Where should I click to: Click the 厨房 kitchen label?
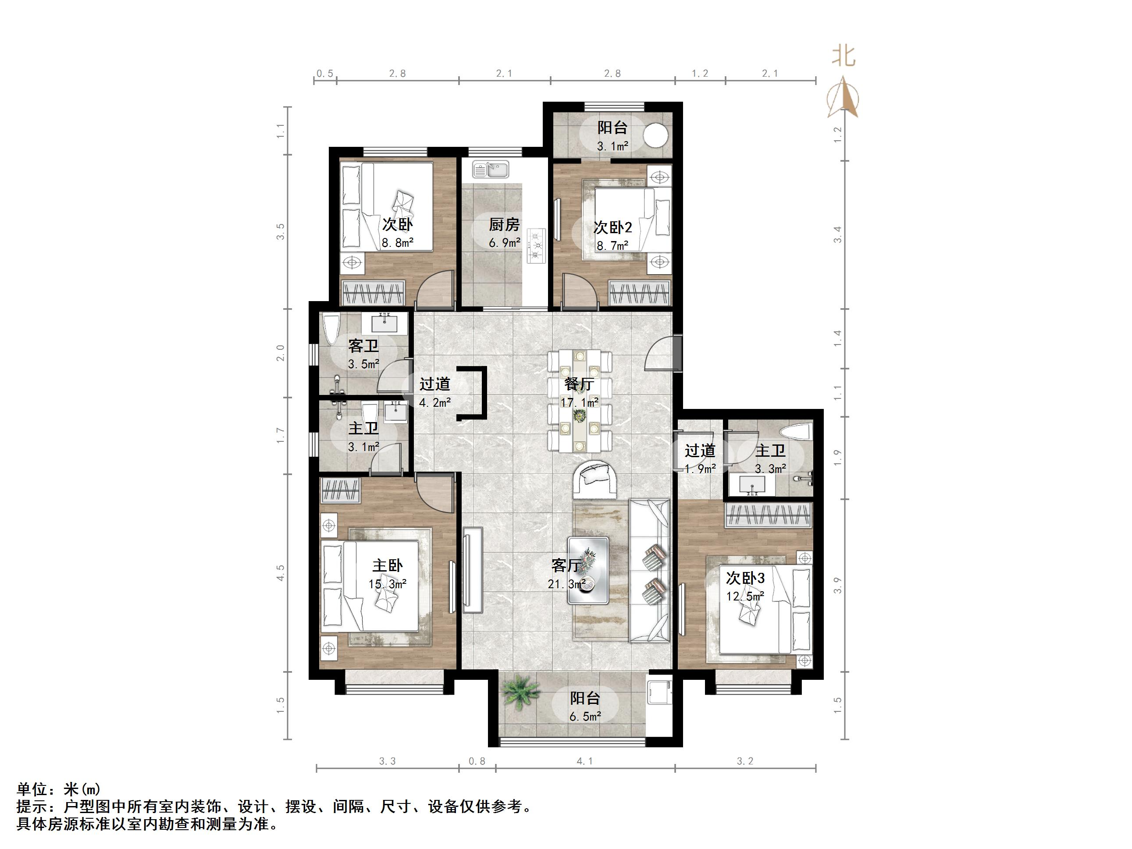point(504,224)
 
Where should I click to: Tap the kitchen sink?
point(490,169)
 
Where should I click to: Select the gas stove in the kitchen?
point(536,245)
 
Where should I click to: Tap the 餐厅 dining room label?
point(579,384)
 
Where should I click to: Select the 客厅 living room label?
point(566,565)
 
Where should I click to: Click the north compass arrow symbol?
point(843,97)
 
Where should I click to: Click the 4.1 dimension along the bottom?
point(584,761)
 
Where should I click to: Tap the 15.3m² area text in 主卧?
point(388,584)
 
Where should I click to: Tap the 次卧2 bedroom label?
point(612,227)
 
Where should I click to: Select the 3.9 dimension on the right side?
point(837,585)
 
